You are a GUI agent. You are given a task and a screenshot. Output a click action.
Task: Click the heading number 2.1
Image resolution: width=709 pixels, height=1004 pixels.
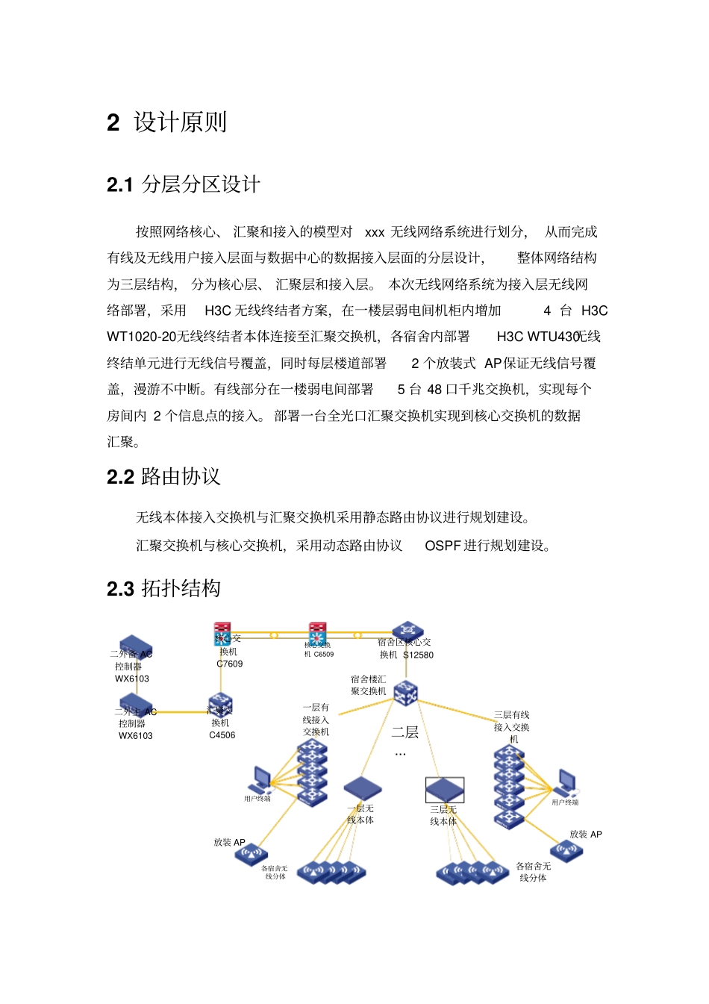pos(119,184)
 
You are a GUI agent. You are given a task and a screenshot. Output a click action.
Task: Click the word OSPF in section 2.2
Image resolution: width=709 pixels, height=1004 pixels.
pos(443,546)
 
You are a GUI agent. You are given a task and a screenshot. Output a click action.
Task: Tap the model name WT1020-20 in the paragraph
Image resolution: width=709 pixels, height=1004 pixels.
pos(141,337)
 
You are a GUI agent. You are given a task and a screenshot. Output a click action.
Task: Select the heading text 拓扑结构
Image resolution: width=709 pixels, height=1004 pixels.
pos(181,588)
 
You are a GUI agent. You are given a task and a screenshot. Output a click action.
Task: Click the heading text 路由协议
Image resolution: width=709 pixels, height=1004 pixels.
pos(181,476)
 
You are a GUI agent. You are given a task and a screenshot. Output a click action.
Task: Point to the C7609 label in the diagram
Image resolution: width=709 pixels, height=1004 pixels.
pos(229,664)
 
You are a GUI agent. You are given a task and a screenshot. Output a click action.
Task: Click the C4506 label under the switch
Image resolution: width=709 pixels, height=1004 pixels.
pos(222,735)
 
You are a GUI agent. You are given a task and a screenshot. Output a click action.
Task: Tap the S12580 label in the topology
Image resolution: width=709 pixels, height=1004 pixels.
pos(418,655)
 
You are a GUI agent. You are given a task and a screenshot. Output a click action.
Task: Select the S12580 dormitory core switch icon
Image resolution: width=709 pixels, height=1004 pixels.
pos(407,632)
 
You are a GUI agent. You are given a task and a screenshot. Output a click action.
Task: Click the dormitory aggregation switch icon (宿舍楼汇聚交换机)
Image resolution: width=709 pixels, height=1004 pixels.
pos(405,693)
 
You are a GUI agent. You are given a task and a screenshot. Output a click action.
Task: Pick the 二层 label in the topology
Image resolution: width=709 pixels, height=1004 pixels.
pos(405,732)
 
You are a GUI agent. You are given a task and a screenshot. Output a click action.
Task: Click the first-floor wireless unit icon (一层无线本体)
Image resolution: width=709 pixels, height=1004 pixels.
pos(363,788)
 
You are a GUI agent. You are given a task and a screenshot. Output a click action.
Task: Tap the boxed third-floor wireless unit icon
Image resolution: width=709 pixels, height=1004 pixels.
pos(445,790)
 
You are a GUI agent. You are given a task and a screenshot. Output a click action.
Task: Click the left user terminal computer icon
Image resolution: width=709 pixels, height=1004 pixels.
pos(260,780)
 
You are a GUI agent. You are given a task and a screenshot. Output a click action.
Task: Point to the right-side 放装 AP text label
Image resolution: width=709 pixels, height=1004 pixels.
pos(585,835)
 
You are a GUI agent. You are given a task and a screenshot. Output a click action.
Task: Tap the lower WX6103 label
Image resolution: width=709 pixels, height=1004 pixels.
pos(135,736)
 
